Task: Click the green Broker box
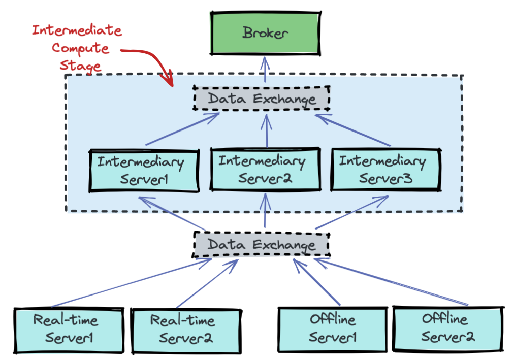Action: click(265, 34)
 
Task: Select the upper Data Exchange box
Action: click(262, 98)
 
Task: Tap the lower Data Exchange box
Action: click(262, 245)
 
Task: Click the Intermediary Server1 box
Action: click(143, 171)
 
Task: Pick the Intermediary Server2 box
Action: click(265, 170)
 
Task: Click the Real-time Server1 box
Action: click(69, 330)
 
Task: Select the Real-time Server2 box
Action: click(185, 330)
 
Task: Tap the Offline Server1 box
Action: click(333, 329)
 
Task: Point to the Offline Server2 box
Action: click(449, 328)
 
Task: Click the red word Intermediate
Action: click(77, 30)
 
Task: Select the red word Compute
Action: click(80, 49)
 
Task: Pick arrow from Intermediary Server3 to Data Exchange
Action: click(353, 130)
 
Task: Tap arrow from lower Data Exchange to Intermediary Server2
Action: click(265, 211)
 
